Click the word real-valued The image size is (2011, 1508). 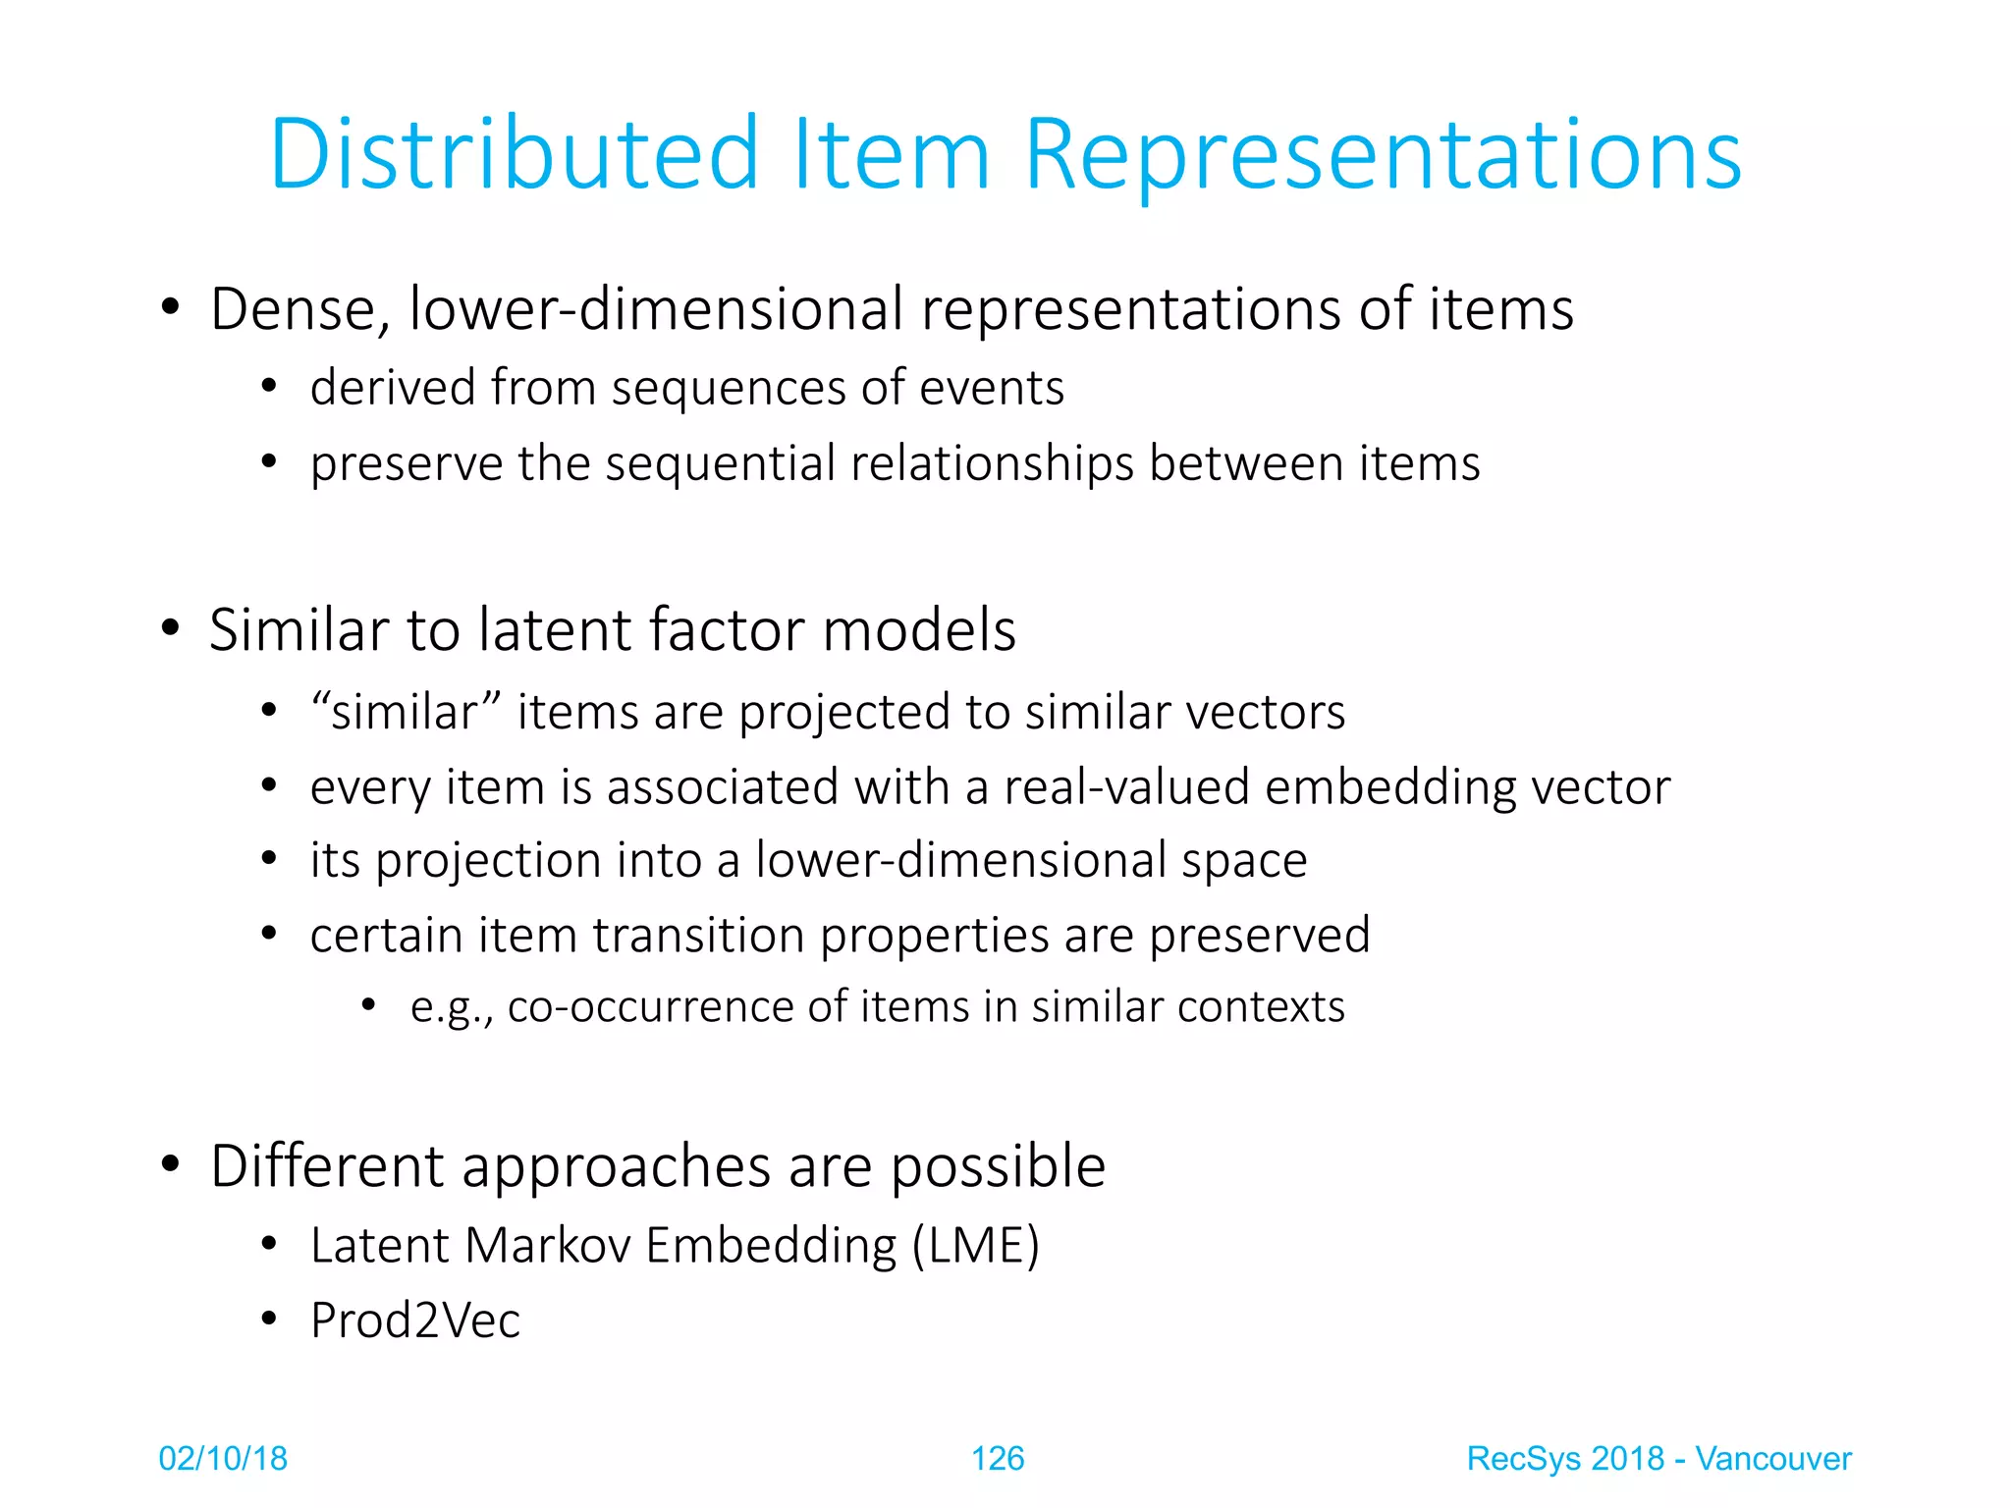click(1126, 787)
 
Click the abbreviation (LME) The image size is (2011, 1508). click(975, 1246)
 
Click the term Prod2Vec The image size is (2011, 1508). click(415, 1320)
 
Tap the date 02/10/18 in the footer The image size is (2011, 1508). click(223, 1459)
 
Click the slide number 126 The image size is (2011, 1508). click(998, 1459)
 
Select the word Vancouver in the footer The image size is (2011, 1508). click(1773, 1459)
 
